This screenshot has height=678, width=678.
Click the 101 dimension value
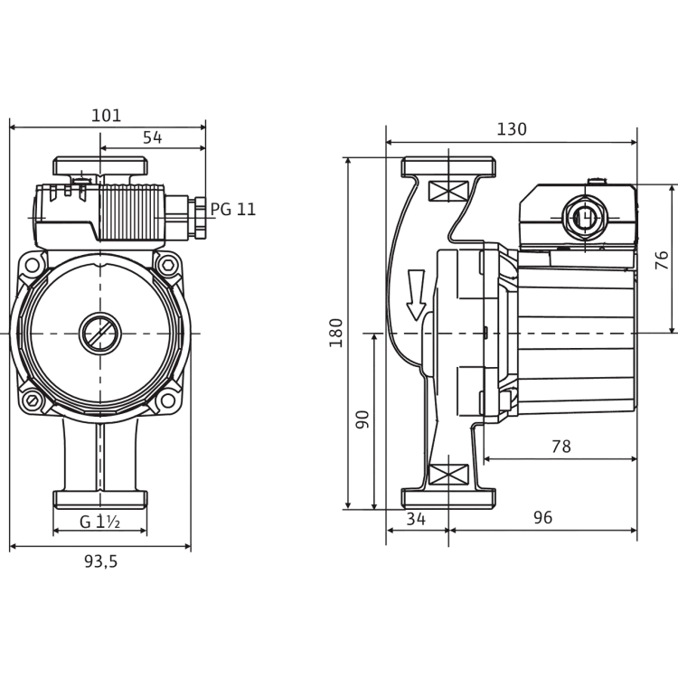click(107, 116)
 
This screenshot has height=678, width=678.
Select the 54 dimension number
click(152, 137)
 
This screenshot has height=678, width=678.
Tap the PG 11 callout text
click(233, 210)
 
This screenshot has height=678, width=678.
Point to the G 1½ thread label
click(99, 522)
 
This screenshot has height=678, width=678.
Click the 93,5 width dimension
click(100, 561)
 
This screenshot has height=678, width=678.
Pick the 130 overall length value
click(512, 129)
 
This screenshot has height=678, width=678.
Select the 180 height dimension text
click(336, 333)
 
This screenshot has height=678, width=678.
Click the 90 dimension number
click(362, 419)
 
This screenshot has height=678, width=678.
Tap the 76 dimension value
click(662, 260)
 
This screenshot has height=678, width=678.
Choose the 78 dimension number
click(561, 447)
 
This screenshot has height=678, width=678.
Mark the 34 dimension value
click(416, 519)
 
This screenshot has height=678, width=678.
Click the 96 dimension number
click(542, 517)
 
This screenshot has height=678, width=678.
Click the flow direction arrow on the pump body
click(417, 295)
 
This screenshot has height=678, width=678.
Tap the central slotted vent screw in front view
click(100, 334)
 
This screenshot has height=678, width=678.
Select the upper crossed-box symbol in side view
click(448, 191)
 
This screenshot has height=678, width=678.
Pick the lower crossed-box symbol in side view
click(448, 475)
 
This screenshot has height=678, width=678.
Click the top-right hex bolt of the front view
click(168, 265)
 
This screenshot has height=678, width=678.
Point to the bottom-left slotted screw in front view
click(32, 400)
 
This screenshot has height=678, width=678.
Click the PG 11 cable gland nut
click(200, 218)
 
